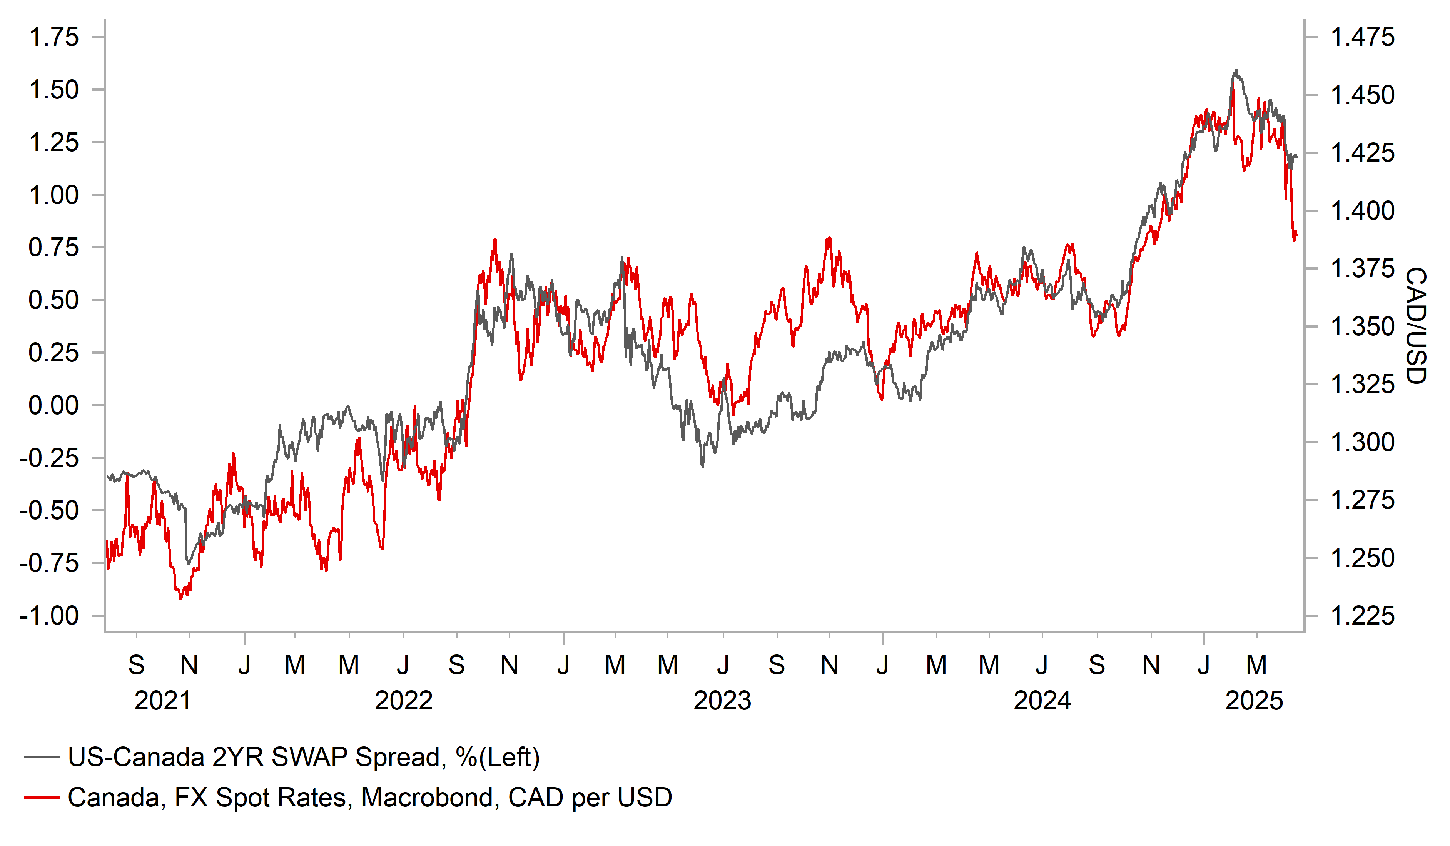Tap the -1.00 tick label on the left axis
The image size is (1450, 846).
click(x=49, y=616)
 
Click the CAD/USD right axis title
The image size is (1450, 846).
click(x=1415, y=325)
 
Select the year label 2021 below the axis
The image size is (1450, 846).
click(x=162, y=701)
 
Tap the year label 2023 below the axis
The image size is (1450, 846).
click(x=722, y=701)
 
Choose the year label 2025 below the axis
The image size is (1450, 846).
click(x=1254, y=701)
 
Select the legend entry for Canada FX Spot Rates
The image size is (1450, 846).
click(x=369, y=798)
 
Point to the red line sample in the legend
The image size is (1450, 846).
click(x=42, y=798)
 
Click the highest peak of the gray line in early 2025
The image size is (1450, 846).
click(x=1235, y=71)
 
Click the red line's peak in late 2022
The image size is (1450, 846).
click(x=495, y=240)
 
